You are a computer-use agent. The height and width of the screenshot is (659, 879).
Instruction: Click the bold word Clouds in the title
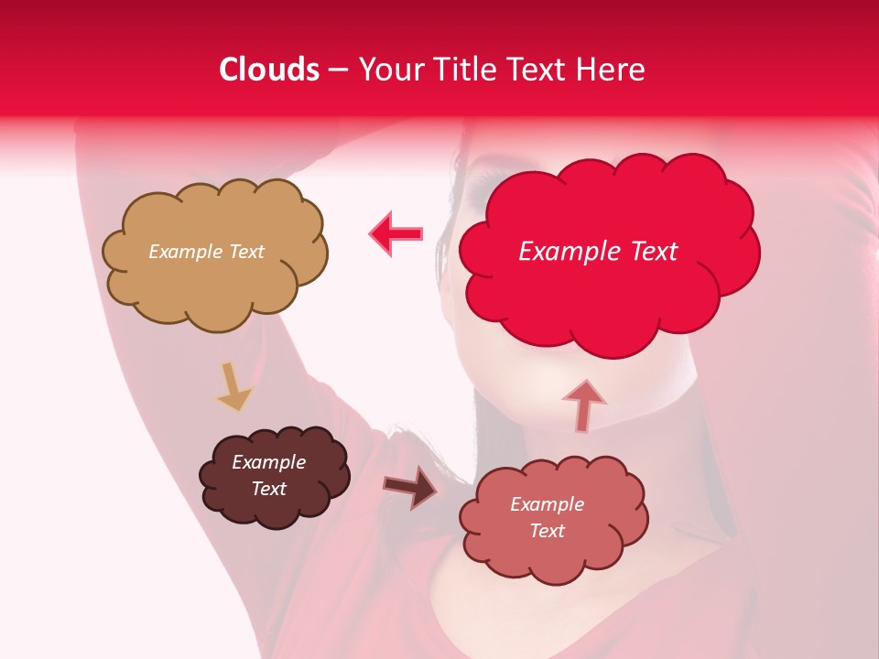269,70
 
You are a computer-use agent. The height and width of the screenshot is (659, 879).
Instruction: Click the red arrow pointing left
396,233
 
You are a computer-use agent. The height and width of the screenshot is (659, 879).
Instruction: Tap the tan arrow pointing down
233,386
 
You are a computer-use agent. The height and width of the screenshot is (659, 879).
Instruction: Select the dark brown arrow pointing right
410,486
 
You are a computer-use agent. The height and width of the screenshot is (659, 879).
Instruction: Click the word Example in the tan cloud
184,252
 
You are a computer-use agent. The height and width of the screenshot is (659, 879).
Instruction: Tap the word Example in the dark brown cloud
268,462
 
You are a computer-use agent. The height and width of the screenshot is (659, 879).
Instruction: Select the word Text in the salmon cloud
547,531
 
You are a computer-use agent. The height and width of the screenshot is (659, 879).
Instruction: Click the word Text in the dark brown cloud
268,489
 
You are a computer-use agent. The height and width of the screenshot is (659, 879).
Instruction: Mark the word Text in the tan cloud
244,252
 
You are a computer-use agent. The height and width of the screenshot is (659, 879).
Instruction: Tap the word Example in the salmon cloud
547,504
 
